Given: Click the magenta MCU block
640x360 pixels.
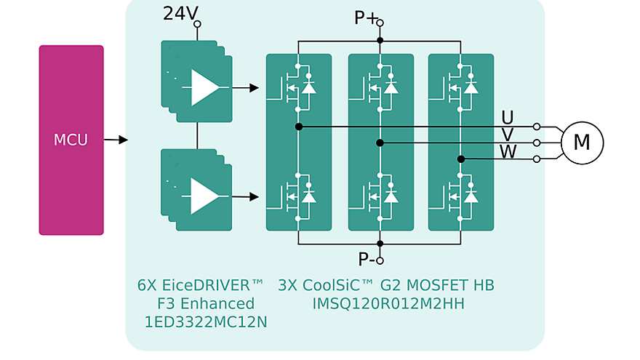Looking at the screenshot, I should pyautogui.click(x=71, y=140).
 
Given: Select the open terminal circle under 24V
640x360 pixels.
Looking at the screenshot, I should pyautogui.click(x=197, y=24).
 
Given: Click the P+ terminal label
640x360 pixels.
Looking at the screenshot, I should pyautogui.click(x=365, y=18).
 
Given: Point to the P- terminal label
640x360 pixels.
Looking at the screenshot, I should pyautogui.click(x=366, y=259).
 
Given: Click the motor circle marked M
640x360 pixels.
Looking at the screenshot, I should pyautogui.click(x=582, y=143).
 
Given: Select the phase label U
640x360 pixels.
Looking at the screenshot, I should pyautogui.click(x=508, y=118).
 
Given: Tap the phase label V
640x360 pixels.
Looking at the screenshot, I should pyautogui.click(x=508, y=135).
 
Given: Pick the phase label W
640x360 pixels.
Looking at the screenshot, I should pyautogui.click(x=508, y=151).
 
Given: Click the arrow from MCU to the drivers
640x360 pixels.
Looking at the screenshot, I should pyautogui.click(x=116, y=140).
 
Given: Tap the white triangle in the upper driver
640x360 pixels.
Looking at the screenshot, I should pyautogui.click(x=204, y=87).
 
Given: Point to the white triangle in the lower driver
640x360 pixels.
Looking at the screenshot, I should pyautogui.click(x=204, y=196).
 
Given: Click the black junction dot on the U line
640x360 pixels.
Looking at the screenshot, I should pyautogui.click(x=299, y=127).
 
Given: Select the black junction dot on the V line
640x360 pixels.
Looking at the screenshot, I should pyautogui.click(x=380, y=143).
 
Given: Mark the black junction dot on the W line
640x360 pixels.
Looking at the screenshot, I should pyautogui.click(x=460, y=159).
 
